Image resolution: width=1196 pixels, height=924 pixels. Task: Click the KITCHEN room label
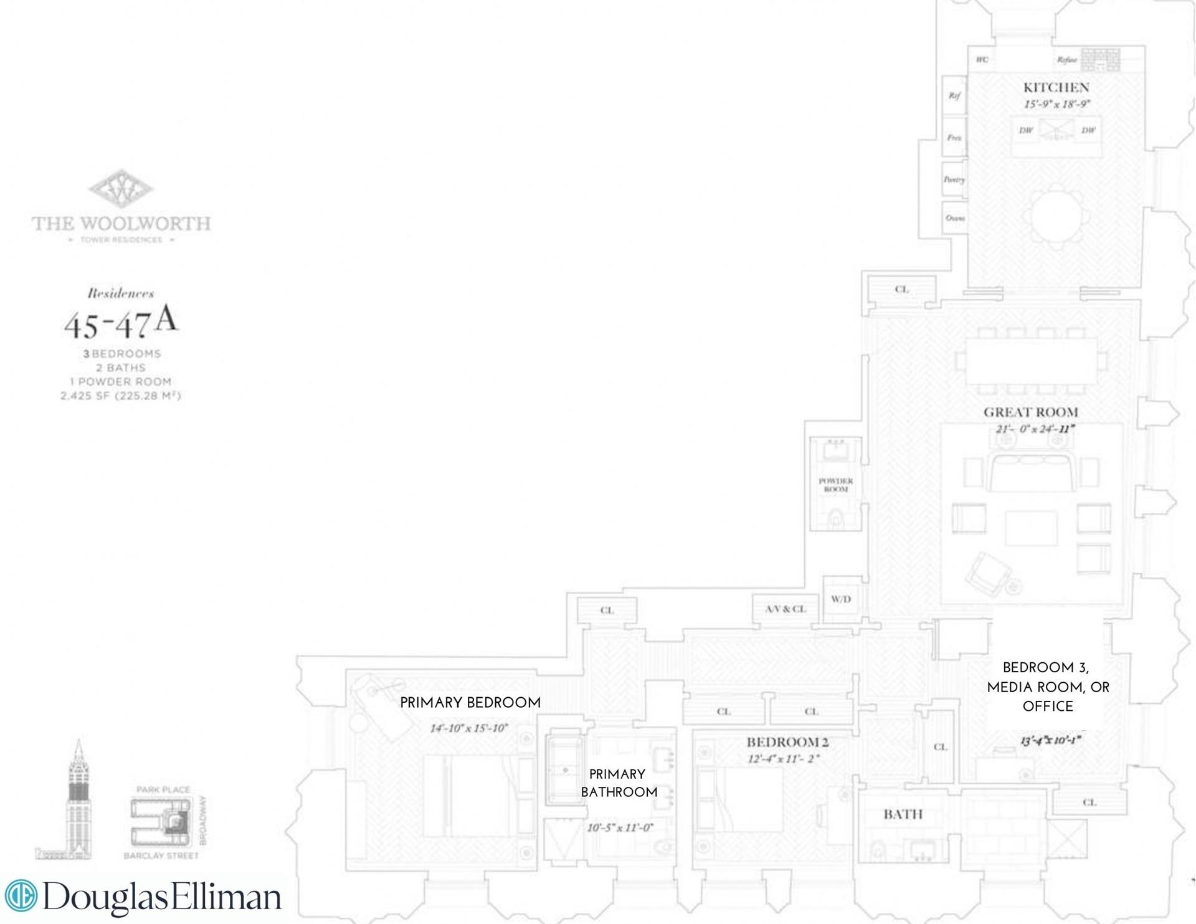point(1056,88)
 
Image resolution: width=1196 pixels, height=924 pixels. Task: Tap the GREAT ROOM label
point(1030,412)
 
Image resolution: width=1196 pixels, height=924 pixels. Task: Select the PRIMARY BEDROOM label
point(470,703)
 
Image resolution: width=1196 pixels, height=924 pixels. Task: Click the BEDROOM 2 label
point(787,742)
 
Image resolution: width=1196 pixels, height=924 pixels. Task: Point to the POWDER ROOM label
point(835,485)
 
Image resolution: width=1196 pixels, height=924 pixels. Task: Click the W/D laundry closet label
point(840,599)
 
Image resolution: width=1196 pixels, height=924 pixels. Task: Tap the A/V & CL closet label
point(785,609)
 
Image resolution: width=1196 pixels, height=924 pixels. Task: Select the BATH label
point(903,814)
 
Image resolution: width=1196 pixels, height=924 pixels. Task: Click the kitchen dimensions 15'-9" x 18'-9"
point(1056,105)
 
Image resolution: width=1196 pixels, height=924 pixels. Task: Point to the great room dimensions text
point(1035,429)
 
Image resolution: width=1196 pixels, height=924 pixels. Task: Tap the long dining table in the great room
point(1031,361)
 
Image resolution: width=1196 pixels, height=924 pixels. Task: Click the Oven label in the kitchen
point(954,218)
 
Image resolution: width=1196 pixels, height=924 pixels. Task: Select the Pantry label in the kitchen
point(954,179)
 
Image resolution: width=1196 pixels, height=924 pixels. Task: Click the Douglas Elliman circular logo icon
point(21,896)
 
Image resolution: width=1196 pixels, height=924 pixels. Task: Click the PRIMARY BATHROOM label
point(619,783)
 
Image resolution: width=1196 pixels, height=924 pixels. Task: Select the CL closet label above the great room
point(901,289)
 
